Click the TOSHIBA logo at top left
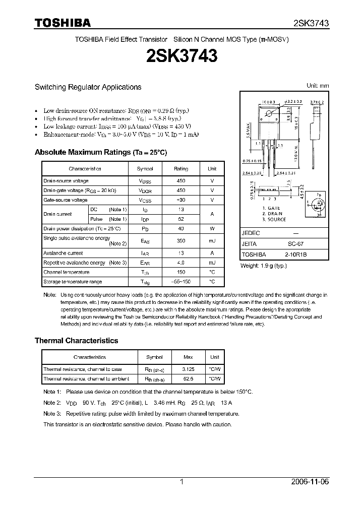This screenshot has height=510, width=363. point(63,23)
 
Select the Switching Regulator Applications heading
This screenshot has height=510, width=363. point(88,87)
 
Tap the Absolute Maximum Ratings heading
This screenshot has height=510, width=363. point(100,152)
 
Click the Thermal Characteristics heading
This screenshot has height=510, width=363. point(76,341)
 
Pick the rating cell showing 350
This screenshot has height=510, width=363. point(181,241)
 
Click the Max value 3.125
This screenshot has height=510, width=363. point(188,369)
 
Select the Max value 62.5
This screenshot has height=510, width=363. point(188,378)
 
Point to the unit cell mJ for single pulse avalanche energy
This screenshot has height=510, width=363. point(212,241)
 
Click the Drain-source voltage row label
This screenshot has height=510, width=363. point(66,181)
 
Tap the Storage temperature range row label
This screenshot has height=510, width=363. point(73,282)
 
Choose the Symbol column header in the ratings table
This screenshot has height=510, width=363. point(145,169)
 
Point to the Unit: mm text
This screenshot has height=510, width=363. point(318,86)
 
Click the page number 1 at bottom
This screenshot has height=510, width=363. point(182,482)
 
